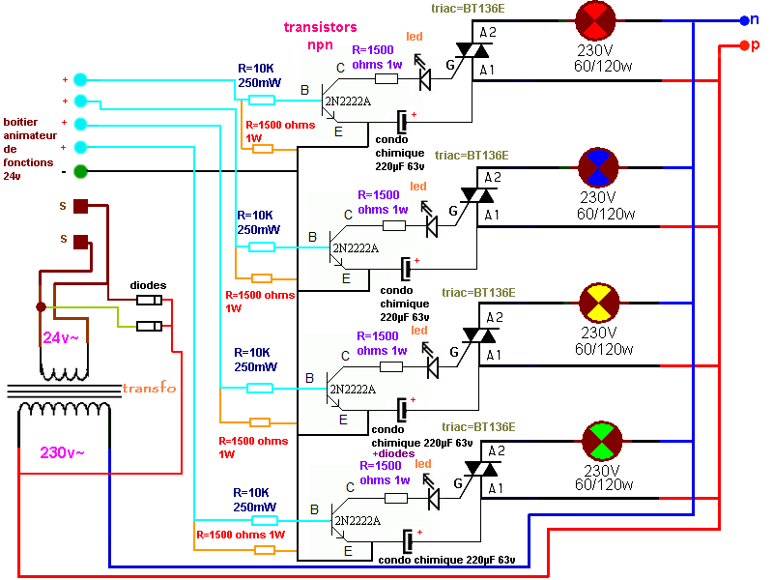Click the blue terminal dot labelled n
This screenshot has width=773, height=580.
coord(741,19)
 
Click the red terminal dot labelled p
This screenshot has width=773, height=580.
coord(742,44)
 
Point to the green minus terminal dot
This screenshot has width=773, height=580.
coord(80,172)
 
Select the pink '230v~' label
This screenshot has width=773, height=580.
coord(62,452)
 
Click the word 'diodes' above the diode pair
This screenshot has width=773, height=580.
coord(149,285)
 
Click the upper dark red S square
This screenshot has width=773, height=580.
coord(82,205)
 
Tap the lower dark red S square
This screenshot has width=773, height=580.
coord(82,242)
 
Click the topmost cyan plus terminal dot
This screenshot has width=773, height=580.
coord(80,79)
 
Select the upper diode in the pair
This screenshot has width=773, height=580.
coord(150,301)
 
